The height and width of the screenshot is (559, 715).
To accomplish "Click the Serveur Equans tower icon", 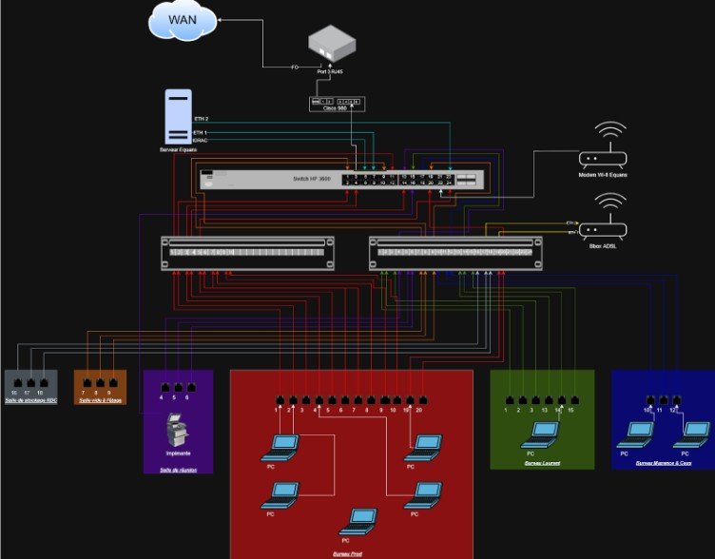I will pyautogui.click(x=178, y=116).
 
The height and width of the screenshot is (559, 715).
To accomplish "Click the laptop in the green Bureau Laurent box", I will pyautogui.click(x=543, y=434).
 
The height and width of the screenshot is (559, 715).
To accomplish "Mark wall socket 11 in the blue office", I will pyautogui.click(x=663, y=399).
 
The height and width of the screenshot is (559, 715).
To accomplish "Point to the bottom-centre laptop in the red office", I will pyautogui.click(x=359, y=519).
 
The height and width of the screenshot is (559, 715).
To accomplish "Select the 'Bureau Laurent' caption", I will pyautogui.click(x=542, y=464).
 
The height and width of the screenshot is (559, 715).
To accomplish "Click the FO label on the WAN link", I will pyautogui.click(x=295, y=67).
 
